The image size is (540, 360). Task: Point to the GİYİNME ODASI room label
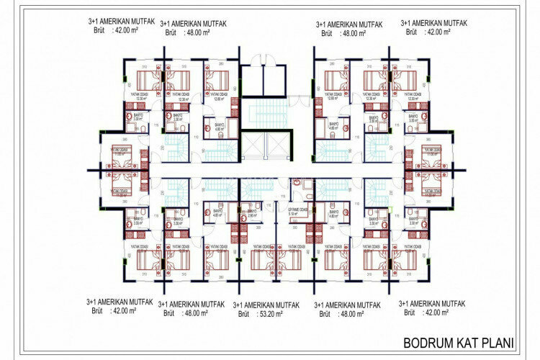(298, 210)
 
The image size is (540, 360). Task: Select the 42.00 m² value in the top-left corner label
(127, 32)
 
